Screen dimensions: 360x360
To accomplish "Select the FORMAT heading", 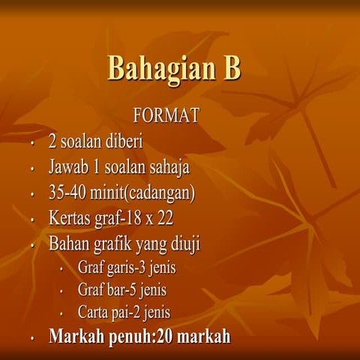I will coord(166,116).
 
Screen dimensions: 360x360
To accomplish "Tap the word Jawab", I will coord(69,167).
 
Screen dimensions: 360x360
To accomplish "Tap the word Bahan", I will coord(68,244).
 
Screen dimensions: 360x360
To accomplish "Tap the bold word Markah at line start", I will coord(78,336).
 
